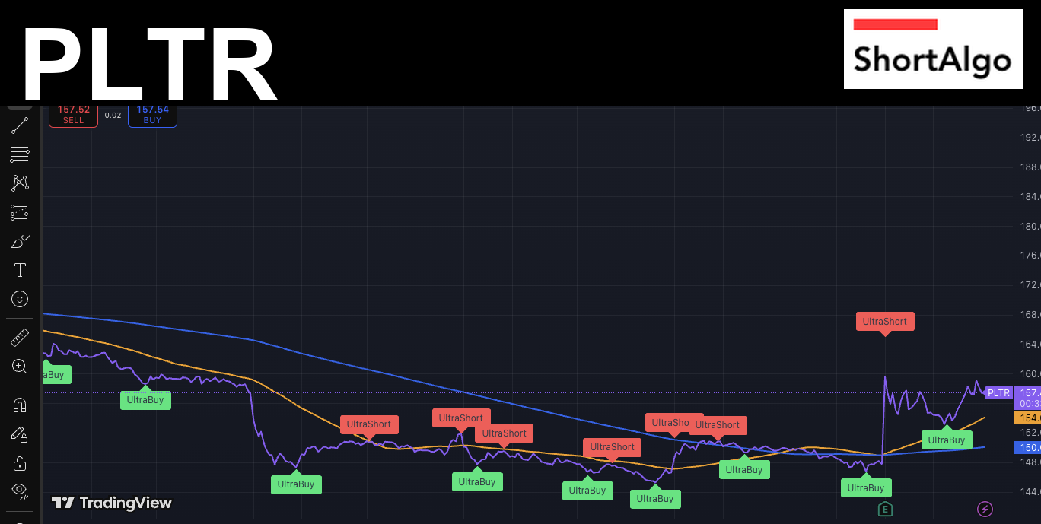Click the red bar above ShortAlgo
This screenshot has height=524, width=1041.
click(x=895, y=24)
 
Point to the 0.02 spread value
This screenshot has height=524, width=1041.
click(x=113, y=116)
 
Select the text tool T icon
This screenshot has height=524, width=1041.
click(x=20, y=270)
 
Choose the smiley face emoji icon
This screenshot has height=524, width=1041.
click(x=20, y=299)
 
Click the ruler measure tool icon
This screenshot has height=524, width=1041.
click(x=20, y=337)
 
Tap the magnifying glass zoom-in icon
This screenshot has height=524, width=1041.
click(x=20, y=366)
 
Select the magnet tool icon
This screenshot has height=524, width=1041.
click(x=20, y=405)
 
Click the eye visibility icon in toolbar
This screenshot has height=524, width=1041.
click(x=20, y=489)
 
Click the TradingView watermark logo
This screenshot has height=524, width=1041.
click(x=112, y=503)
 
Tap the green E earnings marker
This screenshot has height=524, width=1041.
click(x=884, y=509)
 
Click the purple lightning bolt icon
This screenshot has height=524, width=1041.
click(x=985, y=509)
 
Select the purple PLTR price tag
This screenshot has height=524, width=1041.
click(x=998, y=393)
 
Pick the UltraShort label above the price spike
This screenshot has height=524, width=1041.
click(x=884, y=322)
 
